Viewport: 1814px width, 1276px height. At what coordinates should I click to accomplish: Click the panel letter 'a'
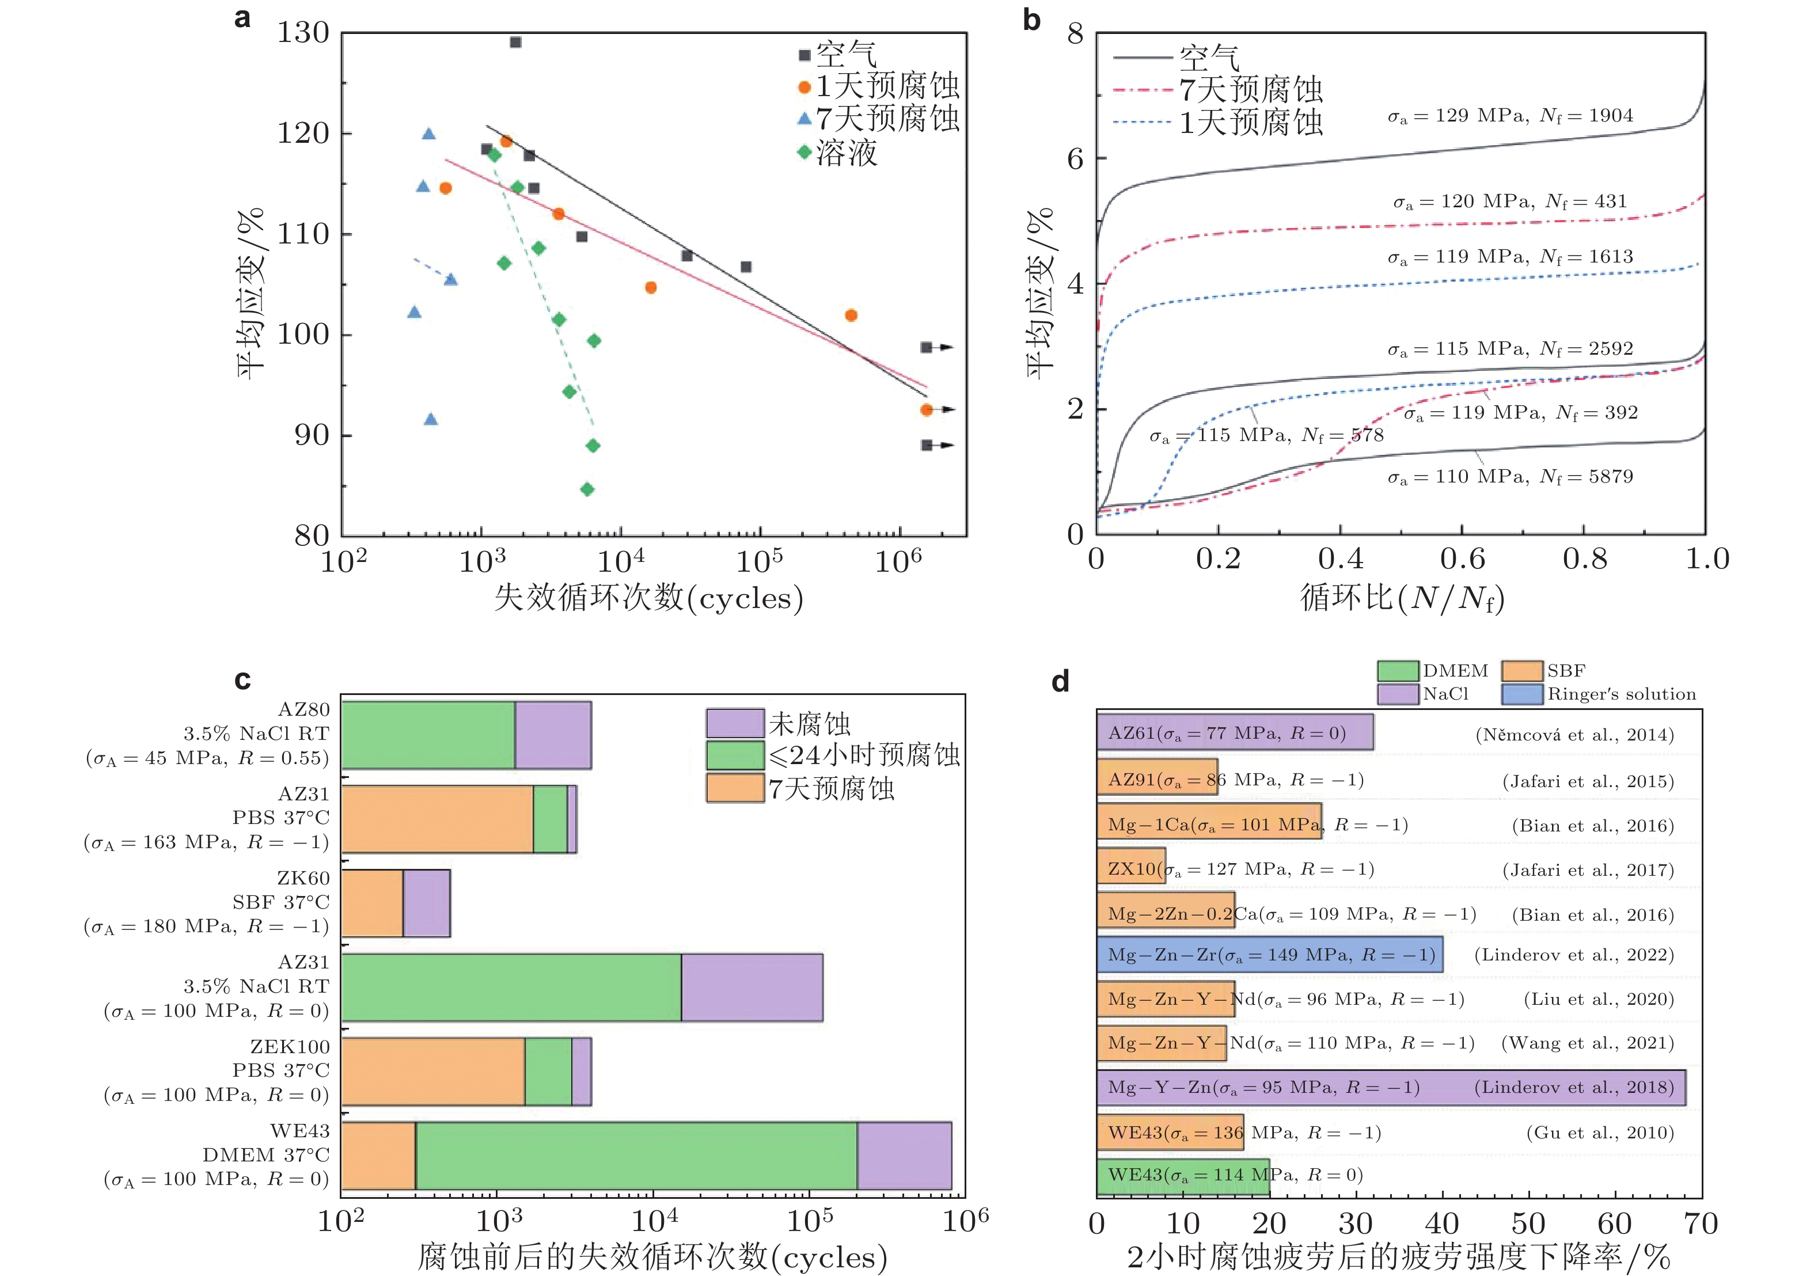point(242,17)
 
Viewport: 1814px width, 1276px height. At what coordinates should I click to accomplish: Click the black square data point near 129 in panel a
point(515,42)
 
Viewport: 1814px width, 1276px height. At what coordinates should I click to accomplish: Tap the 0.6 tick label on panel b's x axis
point(1462,559)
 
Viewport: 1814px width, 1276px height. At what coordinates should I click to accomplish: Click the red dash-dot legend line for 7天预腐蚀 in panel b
point(1141,90)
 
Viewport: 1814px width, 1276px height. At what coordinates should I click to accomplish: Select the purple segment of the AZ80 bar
point(553,735)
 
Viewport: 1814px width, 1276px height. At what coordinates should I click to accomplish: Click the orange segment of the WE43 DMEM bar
point(378,1155)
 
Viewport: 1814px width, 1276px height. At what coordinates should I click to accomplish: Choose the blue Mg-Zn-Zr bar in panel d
point(1270,955)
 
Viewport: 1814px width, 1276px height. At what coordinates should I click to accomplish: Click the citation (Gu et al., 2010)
point(1600,1133)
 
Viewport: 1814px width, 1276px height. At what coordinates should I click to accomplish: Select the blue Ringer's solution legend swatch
point(1521,694)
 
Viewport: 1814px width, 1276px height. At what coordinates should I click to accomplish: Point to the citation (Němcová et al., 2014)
point(1574,735)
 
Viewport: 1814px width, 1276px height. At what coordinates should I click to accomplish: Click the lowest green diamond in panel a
point(587,489)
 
